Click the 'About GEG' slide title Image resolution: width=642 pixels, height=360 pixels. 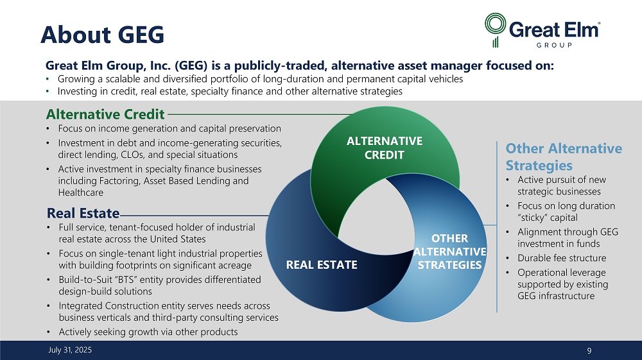pyautogui.click(x=102, y=35)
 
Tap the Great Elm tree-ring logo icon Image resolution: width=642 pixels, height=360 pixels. pyautogui.click(x=495, y=30)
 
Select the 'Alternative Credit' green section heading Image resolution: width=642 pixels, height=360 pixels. pyautogui.click(x=105, y=114)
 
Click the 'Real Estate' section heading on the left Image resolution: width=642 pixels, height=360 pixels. pyautogui.click(x=83, y=213)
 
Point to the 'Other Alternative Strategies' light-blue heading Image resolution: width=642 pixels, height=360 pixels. pyautogui.click(x=564, y=157)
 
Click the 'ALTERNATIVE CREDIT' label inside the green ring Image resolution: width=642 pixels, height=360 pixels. pyautogui.click(x=385, y=148)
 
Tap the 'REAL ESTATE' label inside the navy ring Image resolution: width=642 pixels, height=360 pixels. pyautogui.click(x=322, y=265)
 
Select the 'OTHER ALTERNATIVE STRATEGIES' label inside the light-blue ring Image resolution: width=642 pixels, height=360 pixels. pyautogui.click(x=449, y=252)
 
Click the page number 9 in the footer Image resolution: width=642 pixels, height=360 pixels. pyautogui.click(x=589, y=350)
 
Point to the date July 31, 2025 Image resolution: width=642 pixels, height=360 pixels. pyautogui.click(x=70, y=350)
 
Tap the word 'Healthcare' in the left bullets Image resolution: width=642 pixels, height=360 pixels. pyautogui.click(x=81, y=193)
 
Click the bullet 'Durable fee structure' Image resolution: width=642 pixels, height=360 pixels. pyautogui.click(x=562, y=258)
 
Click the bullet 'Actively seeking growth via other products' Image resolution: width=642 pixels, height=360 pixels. pyautogui.click(x=148, y=332)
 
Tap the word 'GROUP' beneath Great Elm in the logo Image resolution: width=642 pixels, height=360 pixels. pyautogui.click(x=554, y=45)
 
